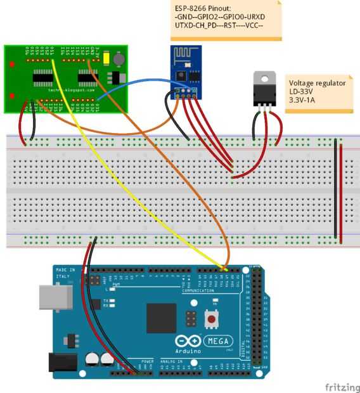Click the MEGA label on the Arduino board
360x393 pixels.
[219, 340]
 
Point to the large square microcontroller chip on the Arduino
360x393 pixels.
[162, 318]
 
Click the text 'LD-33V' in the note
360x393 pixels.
[302, 91]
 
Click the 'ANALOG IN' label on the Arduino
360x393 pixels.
[169, 362]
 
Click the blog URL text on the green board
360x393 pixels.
[72, 90]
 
